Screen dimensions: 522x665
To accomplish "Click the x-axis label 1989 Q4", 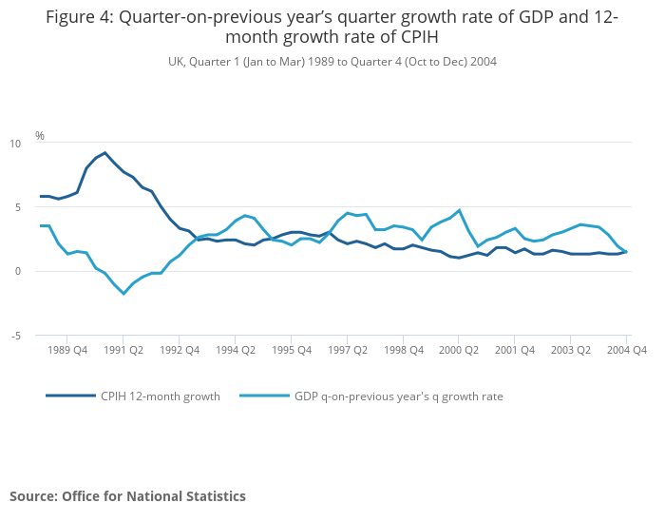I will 67,350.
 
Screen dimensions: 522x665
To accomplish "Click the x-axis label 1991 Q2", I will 123,350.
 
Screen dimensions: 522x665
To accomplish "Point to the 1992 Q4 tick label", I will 180,350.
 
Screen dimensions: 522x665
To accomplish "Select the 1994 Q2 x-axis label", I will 236,350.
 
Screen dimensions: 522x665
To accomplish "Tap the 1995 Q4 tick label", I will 292,350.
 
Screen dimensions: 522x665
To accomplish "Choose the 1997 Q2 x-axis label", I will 347,350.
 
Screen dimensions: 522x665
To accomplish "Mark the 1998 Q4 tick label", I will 403,350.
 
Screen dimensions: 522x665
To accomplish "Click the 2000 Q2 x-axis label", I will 459,350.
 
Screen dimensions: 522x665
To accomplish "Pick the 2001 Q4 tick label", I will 515,350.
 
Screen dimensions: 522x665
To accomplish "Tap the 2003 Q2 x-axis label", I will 570,350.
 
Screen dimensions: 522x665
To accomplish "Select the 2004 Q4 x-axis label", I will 626,350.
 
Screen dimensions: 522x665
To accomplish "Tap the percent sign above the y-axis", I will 40,136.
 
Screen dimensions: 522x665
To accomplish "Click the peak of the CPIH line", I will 104,152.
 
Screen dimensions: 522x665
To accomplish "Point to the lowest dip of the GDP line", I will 123,293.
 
